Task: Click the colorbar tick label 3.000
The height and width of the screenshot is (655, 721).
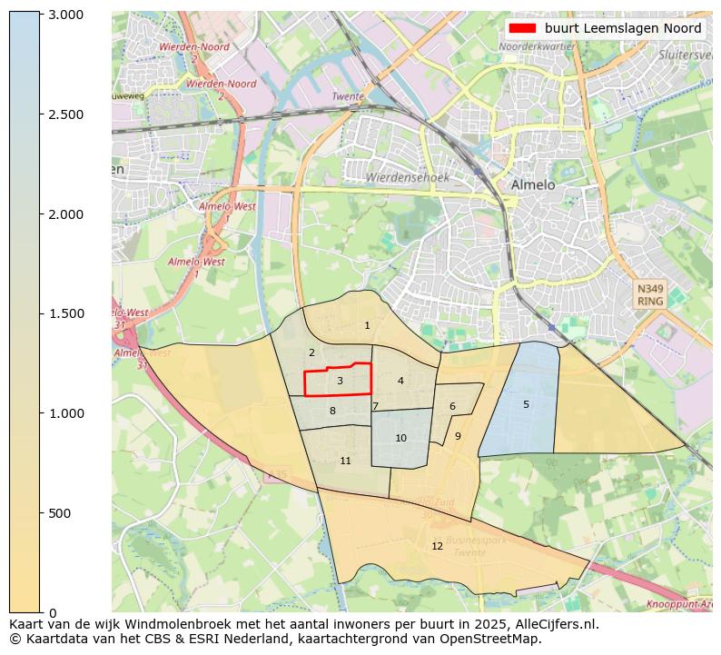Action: tap(65, 15)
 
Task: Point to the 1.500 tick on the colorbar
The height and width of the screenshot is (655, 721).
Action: tap(65, 313)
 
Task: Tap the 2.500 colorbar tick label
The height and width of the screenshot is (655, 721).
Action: tap(65, 114)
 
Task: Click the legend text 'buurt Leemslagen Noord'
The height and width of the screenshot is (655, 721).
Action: tap(623, 28)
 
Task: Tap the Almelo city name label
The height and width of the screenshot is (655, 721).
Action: tap(532, 184)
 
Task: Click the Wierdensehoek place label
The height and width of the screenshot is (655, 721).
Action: tap(408, 178)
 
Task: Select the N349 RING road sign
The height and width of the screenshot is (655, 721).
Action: tap(650, 294)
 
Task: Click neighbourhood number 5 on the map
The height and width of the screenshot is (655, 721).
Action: tap(526, 404)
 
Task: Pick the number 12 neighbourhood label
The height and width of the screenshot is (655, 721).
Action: tap(438, 546)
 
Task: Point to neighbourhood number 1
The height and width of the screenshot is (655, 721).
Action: tap(367, 325)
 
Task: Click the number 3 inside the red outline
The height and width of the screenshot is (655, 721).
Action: tap(340, 381)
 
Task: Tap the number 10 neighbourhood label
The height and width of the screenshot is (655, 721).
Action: tap(400, 438)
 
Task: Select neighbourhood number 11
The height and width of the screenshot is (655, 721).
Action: tap(345, 461)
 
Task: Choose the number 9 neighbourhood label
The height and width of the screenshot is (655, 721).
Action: tap(458, 436)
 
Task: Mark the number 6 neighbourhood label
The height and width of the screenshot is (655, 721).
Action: tap(452, 406)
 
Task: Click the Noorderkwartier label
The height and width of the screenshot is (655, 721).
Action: tap(537, 45)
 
